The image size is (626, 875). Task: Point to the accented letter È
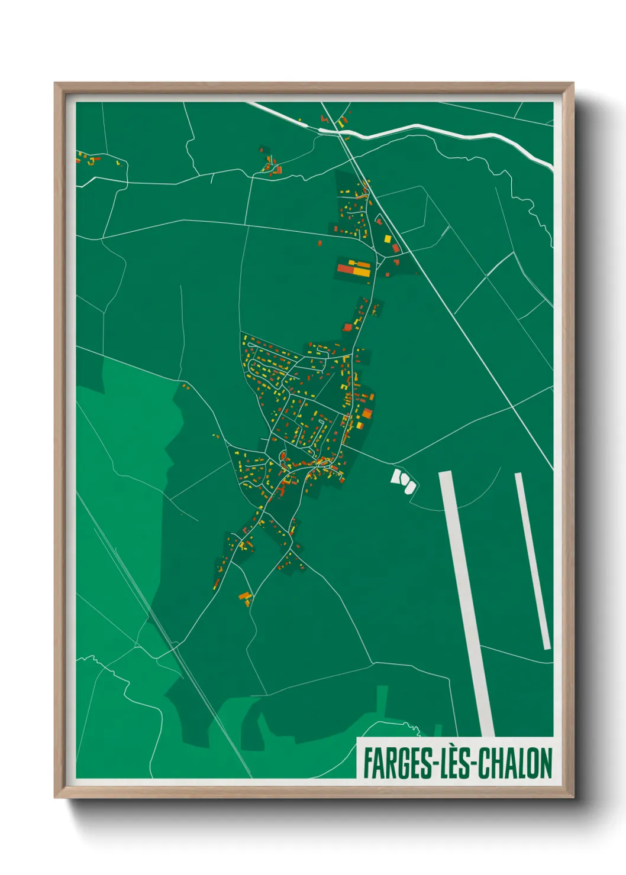pyautogui.click(x=455, y=763)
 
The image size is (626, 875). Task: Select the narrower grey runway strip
pyautogui.click(x=533, y=562)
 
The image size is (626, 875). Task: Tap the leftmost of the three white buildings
pyautogui.click(x=396, y=476)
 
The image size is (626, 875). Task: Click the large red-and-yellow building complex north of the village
pyautogui.click(x=354, y=269)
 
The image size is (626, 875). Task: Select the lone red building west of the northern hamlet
pyautogui.click(x=320, y=242)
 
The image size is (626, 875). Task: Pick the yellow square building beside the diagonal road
pyautogui.click(x=388, y=239)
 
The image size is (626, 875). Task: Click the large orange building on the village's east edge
pyautogui.click(x=367, y=413)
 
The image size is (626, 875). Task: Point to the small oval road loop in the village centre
pyautogui.click(x=282, y=456)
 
